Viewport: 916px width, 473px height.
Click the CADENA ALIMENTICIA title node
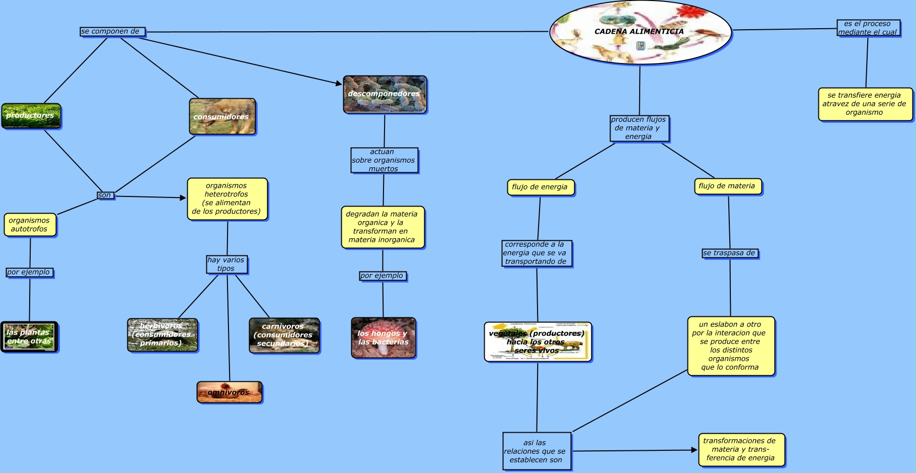[639, 31]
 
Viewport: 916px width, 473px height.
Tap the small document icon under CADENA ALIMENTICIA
[640, 46]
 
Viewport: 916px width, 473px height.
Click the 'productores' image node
[31, 116]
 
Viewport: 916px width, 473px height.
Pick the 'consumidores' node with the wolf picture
[222, 116]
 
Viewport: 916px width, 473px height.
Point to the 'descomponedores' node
[385, 94]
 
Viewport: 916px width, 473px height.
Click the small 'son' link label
[105, 195]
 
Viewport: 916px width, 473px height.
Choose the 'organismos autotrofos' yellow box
[30, 225]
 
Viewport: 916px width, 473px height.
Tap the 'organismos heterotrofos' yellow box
[227, 199]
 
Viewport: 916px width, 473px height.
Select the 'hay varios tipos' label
[226, 264]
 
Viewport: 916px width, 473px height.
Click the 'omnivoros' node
[229, 392]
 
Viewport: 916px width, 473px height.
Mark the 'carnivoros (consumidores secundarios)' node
[284, 335]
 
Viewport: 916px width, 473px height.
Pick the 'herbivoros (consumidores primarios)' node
[162, 335]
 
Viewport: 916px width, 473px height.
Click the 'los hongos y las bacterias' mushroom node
[383, 337]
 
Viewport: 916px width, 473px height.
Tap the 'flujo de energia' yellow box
[540, 187]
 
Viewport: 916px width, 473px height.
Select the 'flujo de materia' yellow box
[727, 186]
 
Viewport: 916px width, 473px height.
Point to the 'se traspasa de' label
[730, 253]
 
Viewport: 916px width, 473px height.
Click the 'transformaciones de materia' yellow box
[741, 449]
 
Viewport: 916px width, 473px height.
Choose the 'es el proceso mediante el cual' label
[868, 28]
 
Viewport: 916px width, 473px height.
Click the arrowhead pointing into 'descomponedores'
[339, 83]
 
